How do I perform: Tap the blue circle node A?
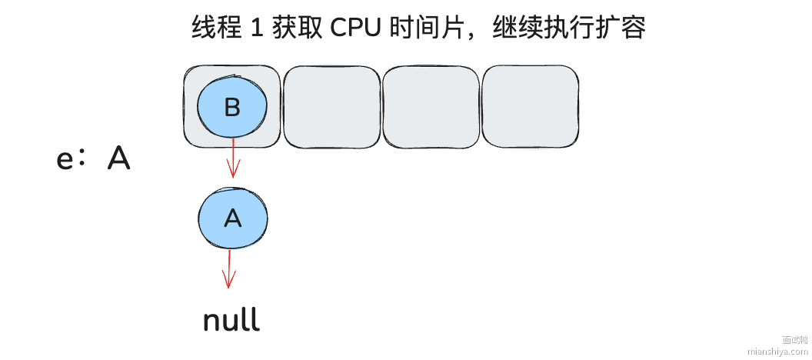[232, 218]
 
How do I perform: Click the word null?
[231, 321]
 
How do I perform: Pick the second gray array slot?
[331, 107]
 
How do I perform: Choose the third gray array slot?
[431, 107]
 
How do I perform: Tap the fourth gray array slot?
[530, 107]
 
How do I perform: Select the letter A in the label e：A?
[118, 158]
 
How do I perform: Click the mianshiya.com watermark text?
[777, 352]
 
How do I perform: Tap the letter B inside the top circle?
[232, 107]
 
